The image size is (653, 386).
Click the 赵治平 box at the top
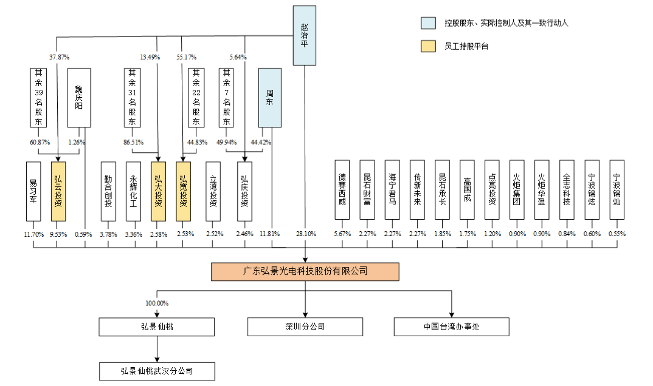click(x=305, y=35)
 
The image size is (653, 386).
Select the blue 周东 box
click(x=269, y=98)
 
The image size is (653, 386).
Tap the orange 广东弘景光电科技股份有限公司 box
click(x=305, y=271)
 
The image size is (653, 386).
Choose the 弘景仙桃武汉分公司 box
click(x=157, y=370)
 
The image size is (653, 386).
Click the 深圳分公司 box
click(x=305, y=327)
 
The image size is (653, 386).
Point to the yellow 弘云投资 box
click(x=58, y=191)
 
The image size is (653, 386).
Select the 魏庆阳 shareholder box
click(x=79, y=98)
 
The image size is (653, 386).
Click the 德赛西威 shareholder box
click(x=342, y=190)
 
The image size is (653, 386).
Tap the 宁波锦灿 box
click(x=617, y=190)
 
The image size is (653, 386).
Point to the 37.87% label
click(x=59, y=57)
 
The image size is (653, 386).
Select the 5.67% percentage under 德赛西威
click(x=342, y=234)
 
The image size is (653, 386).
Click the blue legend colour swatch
click(x=429, y=23)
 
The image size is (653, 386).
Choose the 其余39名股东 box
click(x=38, y=98)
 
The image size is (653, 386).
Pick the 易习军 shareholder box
click(x=33, y=191)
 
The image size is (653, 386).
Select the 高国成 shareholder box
click(x=466, y=190)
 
